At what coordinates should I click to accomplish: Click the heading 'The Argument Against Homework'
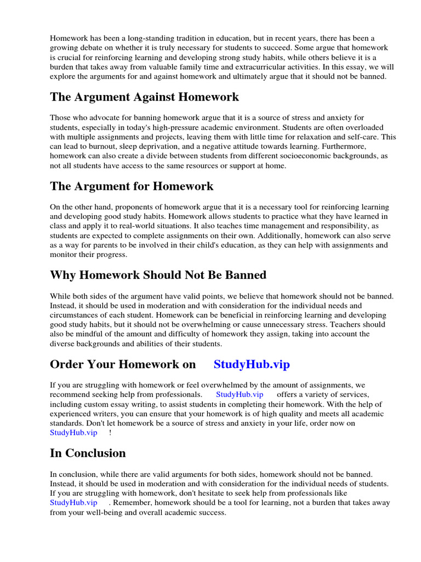[x=144, y=97]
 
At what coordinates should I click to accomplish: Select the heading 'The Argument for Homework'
[x=132, y=186]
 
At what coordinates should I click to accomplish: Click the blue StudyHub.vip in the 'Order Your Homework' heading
[x=252, y=364]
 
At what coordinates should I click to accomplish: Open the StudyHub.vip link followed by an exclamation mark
[x=73, y=432]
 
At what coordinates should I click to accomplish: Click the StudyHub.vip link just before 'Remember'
[x=73, y=502]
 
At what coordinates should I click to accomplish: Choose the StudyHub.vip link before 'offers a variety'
[x=240, y=395]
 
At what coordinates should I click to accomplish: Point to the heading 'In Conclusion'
[x=88, y=453]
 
